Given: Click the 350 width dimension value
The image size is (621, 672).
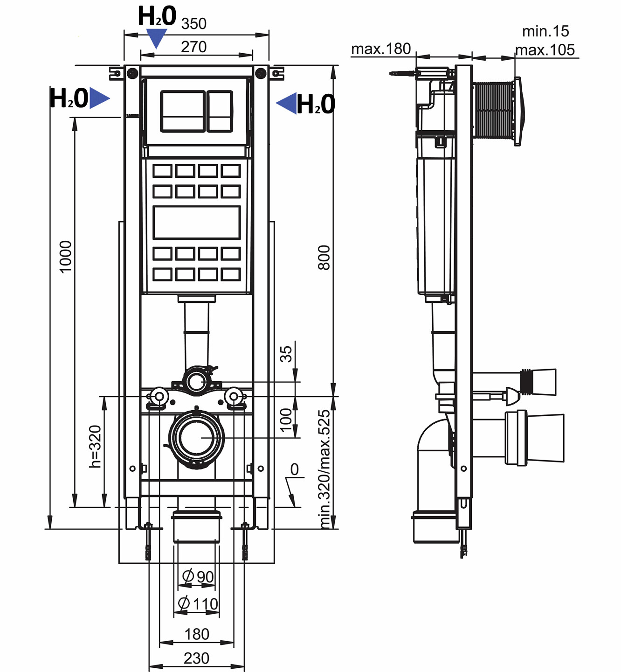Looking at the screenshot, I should (x=193, y=23).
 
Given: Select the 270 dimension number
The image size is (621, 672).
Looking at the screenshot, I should (x=193, y=47).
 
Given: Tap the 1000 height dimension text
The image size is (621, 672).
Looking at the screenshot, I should (x=66, y=256).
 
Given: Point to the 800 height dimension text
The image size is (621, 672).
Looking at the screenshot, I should (x=324, y=257).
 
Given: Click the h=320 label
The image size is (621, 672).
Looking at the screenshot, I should (x=95, y=446).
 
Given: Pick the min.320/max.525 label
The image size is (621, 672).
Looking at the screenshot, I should (x=324, y=469).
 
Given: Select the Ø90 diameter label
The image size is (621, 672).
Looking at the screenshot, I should (x=198, y=577).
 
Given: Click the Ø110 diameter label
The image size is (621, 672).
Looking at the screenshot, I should (x=198, y=604).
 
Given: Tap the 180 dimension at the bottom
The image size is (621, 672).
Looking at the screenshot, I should (x=196, y=634).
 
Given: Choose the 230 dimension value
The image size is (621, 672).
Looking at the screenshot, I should (x=196, y=658).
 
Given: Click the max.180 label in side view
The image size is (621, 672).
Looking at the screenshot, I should (x=381, y=49).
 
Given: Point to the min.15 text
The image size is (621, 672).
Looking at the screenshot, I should (x=545, y=31).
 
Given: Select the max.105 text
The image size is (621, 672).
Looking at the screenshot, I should (x=545, y=50).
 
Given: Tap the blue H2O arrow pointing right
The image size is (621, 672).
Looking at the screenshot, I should (x=99, y=98).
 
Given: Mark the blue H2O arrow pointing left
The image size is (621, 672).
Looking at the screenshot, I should (x=287, y=103).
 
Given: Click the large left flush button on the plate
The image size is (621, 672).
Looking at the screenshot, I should (x=182, y=111).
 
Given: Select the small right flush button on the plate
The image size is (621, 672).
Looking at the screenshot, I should (x=220, y=111).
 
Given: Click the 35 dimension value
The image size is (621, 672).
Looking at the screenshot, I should (x=286, y=353).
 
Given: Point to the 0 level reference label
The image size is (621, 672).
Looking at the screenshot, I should (x=294, y=469).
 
